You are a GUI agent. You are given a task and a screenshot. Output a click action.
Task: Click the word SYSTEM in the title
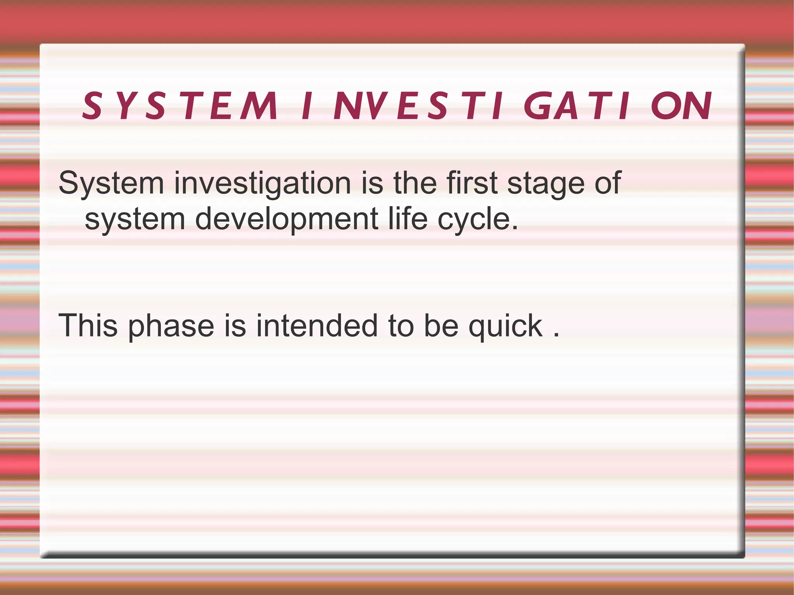tap(180, 106)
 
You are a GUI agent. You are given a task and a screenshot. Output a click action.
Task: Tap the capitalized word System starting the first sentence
tap(111, 183)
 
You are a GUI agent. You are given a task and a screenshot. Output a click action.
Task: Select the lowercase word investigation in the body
tap(262, 183)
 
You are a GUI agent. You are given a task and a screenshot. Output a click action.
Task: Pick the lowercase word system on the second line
tap(135, 219)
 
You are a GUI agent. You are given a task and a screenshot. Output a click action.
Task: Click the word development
tap(287, 219)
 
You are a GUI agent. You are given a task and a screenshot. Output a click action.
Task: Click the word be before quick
tap(441, 326)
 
